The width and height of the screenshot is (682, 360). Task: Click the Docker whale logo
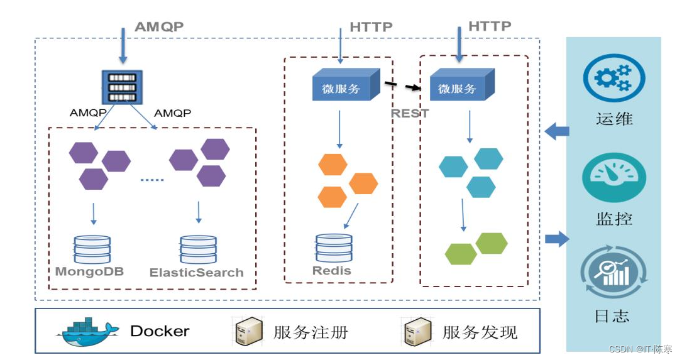click(88, 332)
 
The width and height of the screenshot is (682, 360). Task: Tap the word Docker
click(160, 331)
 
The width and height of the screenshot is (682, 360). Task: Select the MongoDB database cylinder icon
click(92, 249)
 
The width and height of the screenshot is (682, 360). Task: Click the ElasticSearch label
click(196, 273)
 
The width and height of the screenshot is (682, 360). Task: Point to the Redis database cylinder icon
click(334, 249)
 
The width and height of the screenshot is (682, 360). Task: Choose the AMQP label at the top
click(160, 27)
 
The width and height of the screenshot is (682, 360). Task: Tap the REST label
click(410, 113)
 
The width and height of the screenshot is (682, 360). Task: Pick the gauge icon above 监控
click(613, 178)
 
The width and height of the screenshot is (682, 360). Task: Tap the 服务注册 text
click(310, 332)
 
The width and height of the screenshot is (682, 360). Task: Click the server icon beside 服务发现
click(417, 331)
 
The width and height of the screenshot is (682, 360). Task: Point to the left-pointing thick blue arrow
click(556, 132)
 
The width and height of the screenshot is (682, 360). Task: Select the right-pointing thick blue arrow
click(556, 239)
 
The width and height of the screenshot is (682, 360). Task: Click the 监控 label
click(613, 219)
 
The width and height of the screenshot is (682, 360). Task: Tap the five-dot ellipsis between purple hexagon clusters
click(151, 180)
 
